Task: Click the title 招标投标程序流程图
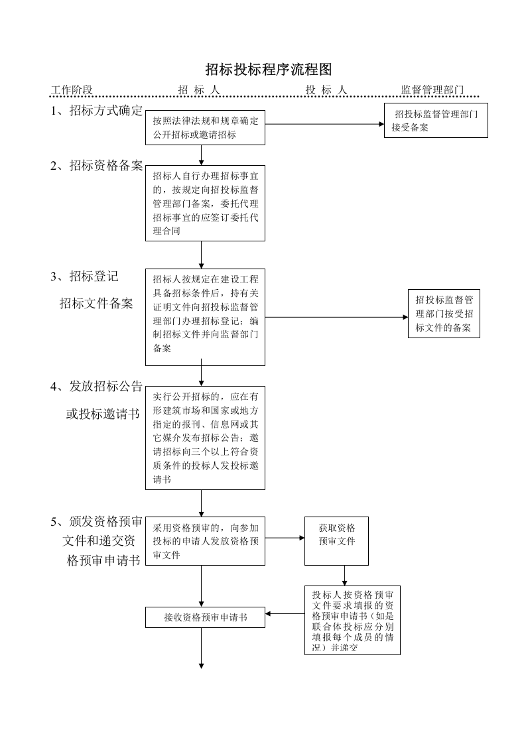pyautogui.click(x=268, y=70)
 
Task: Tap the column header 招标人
pyautogui.click(x=198, y=90)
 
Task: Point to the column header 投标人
pyautogui.click(x=326, y=90)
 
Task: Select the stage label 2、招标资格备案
pyautogui.click(x=97, y=166)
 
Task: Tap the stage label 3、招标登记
pyautogui.click(x=84, y=277)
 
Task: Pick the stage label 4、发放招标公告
pyautogui.click(x=97, y=387)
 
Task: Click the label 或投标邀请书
pyautogui.click(x=102, y=414)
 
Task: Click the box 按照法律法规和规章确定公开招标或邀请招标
pyautogui.click(x=205, y=127)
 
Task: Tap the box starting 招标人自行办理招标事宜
pyautogui.click(x=205, y=203)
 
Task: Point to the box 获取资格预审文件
pyautogui.click(x=336, y=540)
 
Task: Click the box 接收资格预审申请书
pyautogui.click(x=205, y=617)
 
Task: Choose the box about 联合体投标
pyautogui.click(x=352, y=619)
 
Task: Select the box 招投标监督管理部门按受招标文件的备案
pyautogui.click(x=444, y=314)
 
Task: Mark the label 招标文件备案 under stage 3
pyautogui.click(x=96, y=304)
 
